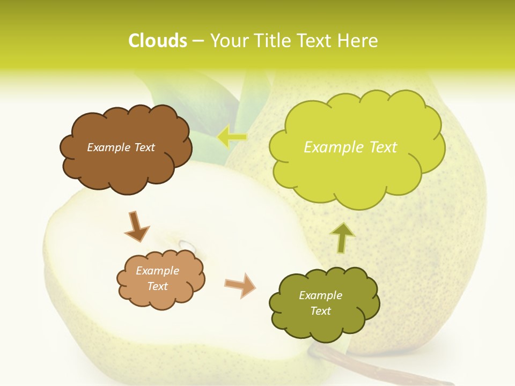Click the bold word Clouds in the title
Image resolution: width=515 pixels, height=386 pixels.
click(x=158, y=41)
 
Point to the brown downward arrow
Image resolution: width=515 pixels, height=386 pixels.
click(x=137, y=226)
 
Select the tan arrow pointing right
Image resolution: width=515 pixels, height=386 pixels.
click(x=240, y=285)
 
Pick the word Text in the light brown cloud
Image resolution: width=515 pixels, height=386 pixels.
click(x=158, y=286)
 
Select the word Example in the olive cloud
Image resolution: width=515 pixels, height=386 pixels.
click(x=320, y=295)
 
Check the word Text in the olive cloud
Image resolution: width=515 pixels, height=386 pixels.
click(x=320, y=311)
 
